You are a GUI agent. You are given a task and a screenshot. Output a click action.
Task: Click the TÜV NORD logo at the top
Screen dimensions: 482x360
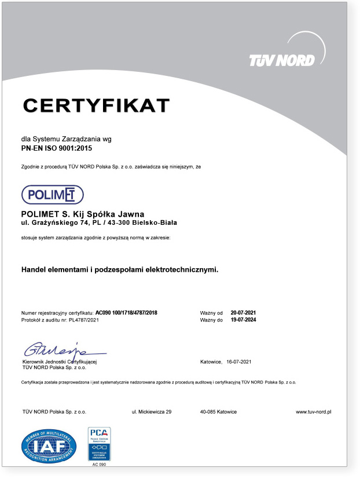click(x=282, y=60)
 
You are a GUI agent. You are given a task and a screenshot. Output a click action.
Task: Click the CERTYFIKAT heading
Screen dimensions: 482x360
click(x=96, y=105)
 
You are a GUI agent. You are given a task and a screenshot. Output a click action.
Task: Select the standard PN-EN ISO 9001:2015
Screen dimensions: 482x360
click(x=57, y=149)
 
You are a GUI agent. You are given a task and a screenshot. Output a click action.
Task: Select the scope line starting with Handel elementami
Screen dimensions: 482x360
click(x=120, y=269)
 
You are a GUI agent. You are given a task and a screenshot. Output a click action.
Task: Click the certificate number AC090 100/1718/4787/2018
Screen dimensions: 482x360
click(x=126, y=313)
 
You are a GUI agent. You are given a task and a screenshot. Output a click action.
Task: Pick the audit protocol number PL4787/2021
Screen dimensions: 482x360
click(x=84, y=320)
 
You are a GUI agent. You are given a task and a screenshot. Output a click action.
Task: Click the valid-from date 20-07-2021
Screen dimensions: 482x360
click(x=243, y=313)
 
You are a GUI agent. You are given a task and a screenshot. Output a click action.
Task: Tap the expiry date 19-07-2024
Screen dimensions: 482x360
click(x=243, y=320)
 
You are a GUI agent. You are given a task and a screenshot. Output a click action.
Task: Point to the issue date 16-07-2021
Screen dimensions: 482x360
click(x=239, y=362)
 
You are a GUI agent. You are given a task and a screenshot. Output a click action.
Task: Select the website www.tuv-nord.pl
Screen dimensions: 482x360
click(x=313, y=412)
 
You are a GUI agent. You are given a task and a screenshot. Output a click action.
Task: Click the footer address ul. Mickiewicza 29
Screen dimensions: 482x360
click(x=152, y=412)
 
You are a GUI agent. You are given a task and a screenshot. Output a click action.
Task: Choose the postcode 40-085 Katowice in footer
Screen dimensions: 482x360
click(x=218, y=412)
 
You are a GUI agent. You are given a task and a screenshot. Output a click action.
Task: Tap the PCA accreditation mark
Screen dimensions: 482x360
click(x=99, y=443)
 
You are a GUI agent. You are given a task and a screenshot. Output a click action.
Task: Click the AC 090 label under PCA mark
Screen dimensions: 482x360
click(x=99, y=464)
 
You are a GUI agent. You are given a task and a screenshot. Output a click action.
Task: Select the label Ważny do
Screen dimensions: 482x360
click(x=211, y=320)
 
